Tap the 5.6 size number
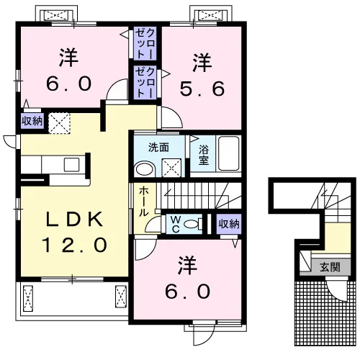pos(202,89)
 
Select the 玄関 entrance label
pos(330,267)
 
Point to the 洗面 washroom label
pos(158,148)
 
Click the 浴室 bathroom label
pos(204,155)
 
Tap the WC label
pos(176,224)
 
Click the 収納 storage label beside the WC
pos(229,224)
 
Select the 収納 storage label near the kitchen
pos(32,121)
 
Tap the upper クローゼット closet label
pos(145,43)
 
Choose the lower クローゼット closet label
pos(145,82)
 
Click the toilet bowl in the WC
pos(191,224)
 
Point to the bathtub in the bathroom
pos(229,153)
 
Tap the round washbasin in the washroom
pos(145,169)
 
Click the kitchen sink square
pos(71,165)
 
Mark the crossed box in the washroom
pos(171,168)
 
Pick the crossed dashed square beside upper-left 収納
pos(59,123)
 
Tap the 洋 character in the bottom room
pos(187,266)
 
